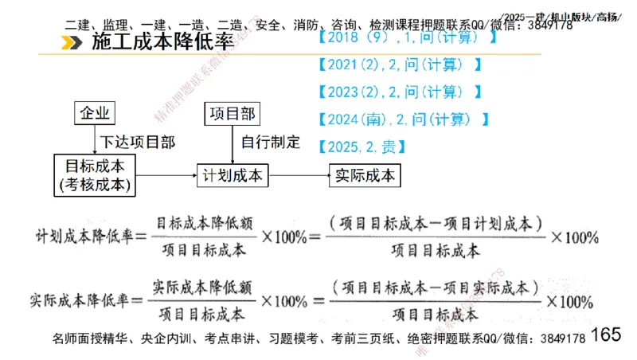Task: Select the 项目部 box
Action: click(232, 113)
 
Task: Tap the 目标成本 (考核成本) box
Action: click(94, 175)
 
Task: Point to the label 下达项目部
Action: click(138, 143)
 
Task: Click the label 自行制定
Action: click(271, 143)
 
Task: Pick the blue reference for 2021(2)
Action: click(399, 65)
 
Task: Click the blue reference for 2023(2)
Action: click(399, 92)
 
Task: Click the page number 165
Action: click(606, 334)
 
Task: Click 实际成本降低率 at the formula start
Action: click(76, 301)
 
